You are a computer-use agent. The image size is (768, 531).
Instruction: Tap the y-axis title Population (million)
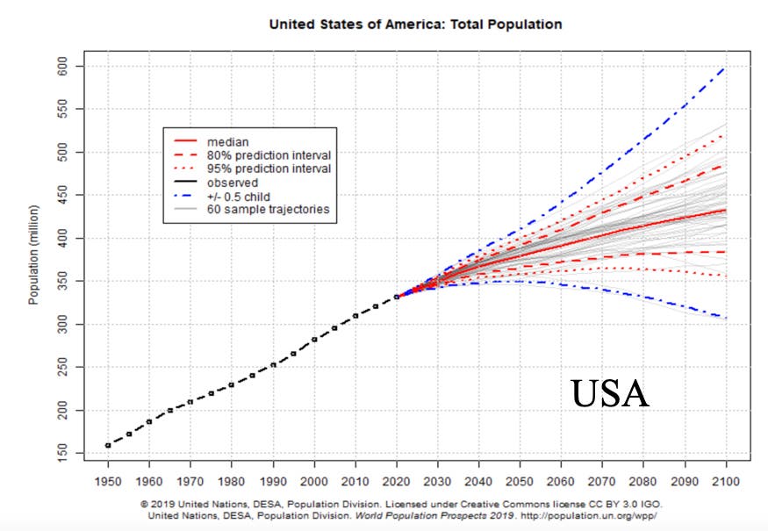pos(33,255)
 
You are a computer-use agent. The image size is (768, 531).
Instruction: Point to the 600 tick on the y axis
pos(62,66)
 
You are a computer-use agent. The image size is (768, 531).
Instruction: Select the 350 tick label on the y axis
pos(62,281)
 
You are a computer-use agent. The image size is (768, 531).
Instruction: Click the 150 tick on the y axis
pos(62,453)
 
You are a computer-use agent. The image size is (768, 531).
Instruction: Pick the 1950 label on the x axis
pos(108,482)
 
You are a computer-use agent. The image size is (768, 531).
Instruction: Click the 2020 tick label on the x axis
pos(396,482)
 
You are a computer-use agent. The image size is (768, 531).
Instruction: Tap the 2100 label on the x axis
pos(726,482)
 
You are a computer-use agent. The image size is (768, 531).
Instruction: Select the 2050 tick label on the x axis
pos(520,482)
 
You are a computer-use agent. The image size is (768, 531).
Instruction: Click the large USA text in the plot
pos(610,393)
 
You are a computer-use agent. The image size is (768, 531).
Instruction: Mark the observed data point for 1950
pos(108,445)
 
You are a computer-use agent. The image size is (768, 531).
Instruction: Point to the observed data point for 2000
pos(314,339)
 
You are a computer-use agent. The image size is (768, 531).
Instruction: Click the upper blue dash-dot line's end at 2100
pos(725,68)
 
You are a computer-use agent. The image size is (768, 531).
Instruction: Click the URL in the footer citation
pos(588,516)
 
